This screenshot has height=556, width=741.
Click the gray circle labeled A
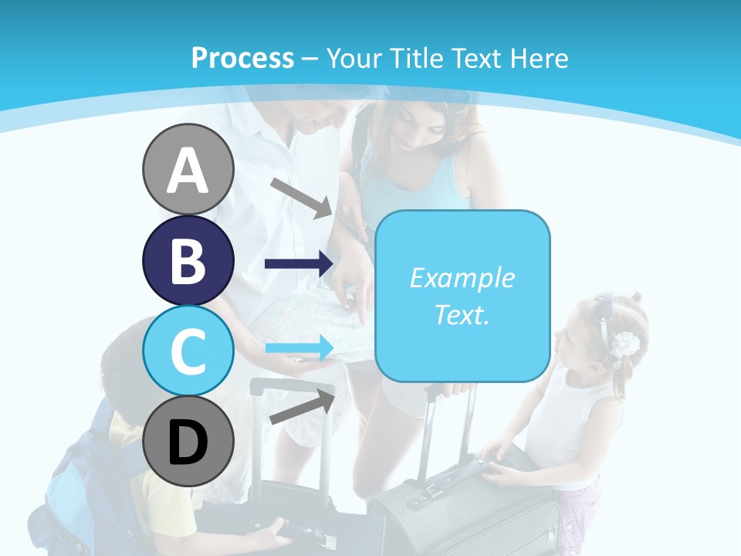click(x=188, y=170)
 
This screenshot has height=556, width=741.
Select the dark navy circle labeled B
click(x=188, y=261)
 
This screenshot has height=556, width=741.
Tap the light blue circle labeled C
click(x=188, y=351)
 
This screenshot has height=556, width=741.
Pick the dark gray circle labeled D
click(x=188, y=442)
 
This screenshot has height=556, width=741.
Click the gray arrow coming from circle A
click(x=301, y=197)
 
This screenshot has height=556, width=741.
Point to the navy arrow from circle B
click(x=299, y=264)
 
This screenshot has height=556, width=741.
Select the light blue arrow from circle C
click(x=299, y=348)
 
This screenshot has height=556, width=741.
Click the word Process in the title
click(x=242, y=58)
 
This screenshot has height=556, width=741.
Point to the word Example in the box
click(x=462, y=278)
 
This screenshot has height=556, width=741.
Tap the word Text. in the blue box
click(x=462, y=314)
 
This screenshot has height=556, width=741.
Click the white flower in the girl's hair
click(x=624, y=344)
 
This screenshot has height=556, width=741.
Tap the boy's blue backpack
click(x=85, y=479)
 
